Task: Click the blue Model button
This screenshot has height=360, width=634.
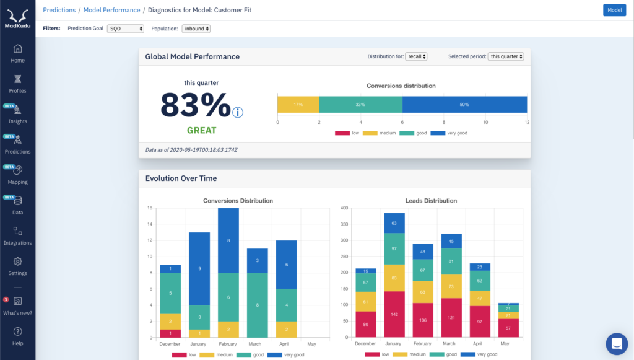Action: (614, 10)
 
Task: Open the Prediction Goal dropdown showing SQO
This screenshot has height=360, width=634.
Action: (125, 29)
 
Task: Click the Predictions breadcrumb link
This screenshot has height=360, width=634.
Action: (59, 10)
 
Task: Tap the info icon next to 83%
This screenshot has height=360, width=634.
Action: (238, 112)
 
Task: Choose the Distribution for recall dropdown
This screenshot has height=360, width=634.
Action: (416, 56)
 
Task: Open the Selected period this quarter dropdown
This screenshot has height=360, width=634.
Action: (506, 56)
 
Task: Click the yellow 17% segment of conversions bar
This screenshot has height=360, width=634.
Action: (298, 105)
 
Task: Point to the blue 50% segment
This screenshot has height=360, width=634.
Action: (464, 105)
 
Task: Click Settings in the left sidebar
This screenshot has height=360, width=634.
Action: (17, 266)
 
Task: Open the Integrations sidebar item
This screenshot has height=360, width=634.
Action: (17, 236)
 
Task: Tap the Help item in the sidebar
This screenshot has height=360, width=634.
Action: (17, 336)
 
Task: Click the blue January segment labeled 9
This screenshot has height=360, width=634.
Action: (199, 268)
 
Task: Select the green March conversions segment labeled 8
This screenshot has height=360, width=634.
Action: (256, 305)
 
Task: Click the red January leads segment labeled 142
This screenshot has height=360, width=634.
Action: (395, 314)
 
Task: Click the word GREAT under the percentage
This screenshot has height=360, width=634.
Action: (202, 130)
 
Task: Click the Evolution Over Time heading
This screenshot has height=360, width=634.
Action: (181, 178)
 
